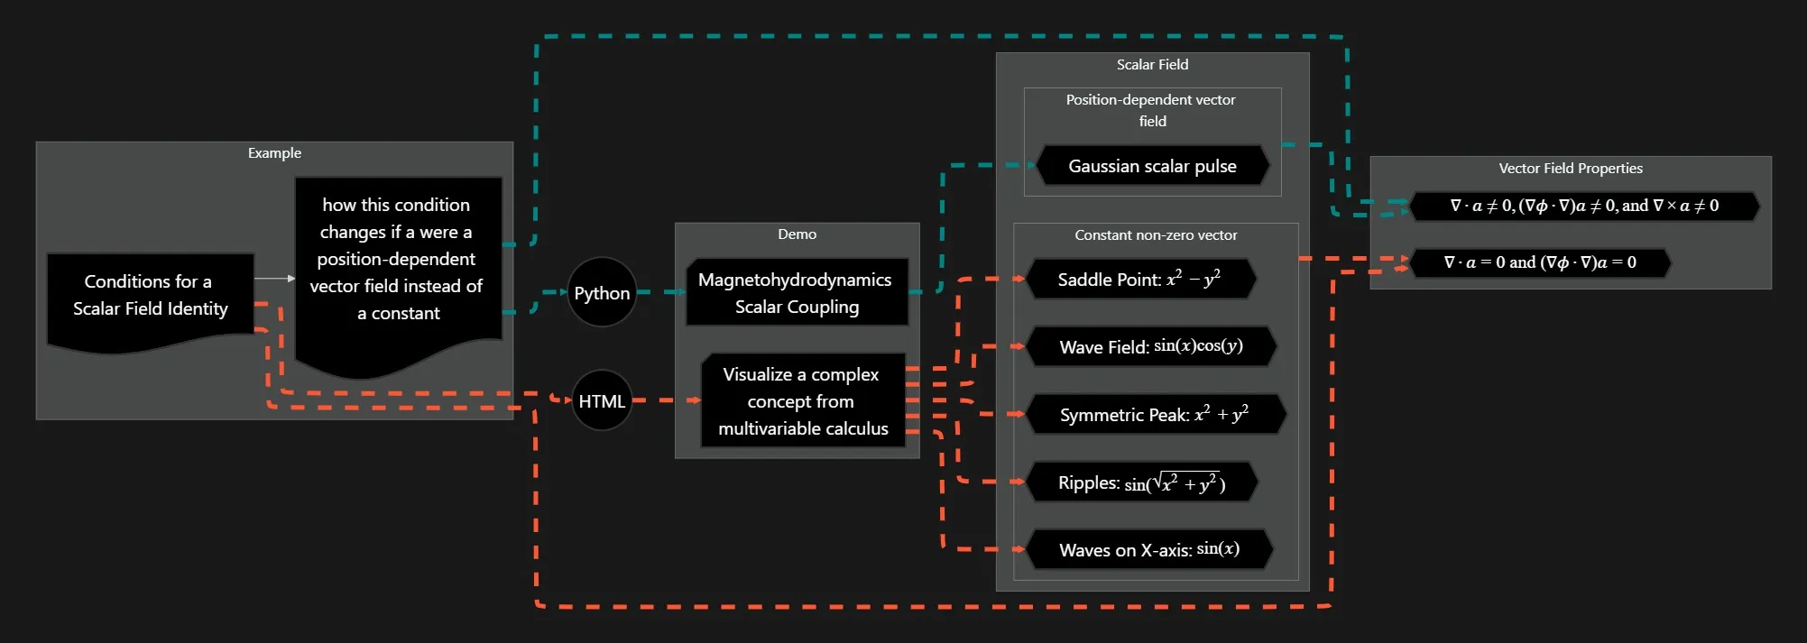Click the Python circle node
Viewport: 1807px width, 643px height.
tap(602, 293)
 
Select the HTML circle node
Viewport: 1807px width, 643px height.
tap(602, 400)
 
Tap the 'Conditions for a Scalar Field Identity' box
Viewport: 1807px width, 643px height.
tap(150, 296)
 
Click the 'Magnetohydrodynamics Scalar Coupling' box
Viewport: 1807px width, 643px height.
tap(797, 293)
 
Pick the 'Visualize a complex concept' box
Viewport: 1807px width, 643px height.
tap(803, 400)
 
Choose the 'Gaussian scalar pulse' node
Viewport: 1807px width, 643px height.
tap(1152, 166)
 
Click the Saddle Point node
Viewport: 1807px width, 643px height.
tap(1139, 280)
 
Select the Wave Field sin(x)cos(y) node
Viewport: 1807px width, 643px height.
tap(1151, 347)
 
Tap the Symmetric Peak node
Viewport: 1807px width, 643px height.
tap(1155, 415)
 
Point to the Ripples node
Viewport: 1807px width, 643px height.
tap(1142, 482)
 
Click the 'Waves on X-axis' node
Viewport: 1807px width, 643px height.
tap(1149, 550)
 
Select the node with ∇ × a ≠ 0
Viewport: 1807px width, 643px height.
tap(1584, 207)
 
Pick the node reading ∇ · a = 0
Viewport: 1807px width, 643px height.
tap(1540, 263)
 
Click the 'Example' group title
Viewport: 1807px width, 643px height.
tap(274, 153)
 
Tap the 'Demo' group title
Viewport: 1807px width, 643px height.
tap(797, 234)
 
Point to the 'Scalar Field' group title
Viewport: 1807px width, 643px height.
tap(1152, 65)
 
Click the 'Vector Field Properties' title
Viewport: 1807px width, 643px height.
tap(1570, 169)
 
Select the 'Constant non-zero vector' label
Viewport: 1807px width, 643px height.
tap(1156, 235)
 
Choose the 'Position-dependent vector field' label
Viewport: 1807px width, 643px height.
tap(1151, 110)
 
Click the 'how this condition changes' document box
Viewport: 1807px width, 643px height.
tap(397, 260)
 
